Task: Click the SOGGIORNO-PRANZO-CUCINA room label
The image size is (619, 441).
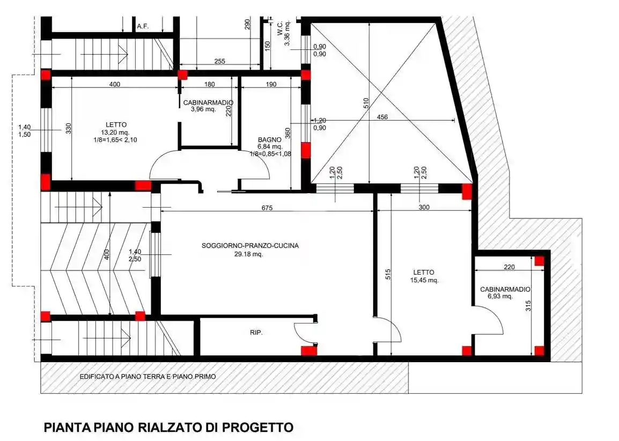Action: (x=250, y=246)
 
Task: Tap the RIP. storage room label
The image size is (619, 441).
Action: (x=256, y=333)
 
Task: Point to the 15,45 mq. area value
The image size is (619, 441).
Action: (x=423, y=280)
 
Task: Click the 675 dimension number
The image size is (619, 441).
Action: (x=267, y=208)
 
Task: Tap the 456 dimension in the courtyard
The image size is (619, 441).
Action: (x=382, y=117)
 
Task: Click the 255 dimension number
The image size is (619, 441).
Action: (x=219, y=62)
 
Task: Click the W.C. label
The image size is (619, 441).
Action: (x=280, y=28)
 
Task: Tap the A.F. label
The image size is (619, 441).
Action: (x=142, y=26)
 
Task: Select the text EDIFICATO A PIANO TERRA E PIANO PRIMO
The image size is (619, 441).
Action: (x=148, y=377)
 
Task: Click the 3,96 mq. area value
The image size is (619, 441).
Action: (x=203, y=109)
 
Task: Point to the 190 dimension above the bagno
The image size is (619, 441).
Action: (x=271, y=84)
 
